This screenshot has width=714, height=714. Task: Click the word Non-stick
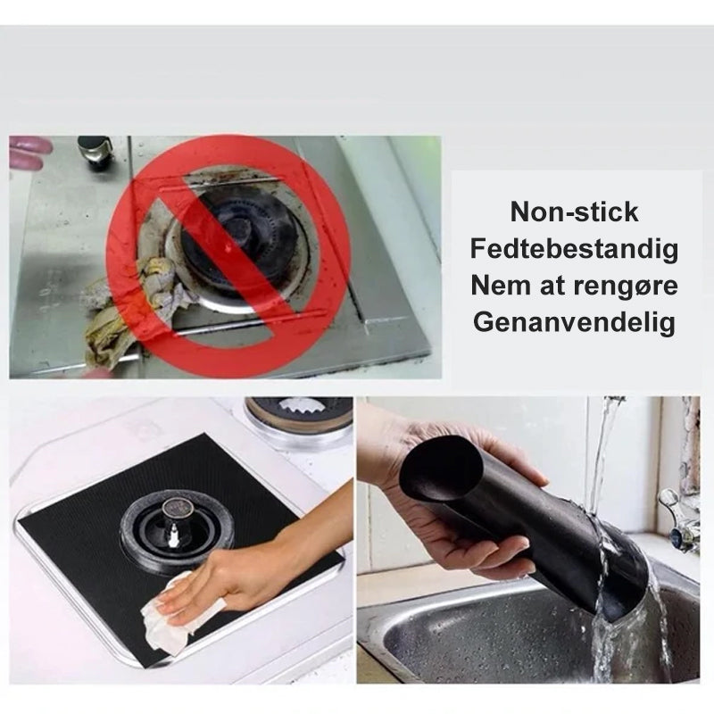pyautogui.click(x=574, y=212)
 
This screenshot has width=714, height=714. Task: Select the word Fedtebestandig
pyautogui.click(x=574, y=249)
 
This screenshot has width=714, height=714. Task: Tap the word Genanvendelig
pyautogui.click(x=574, y=322)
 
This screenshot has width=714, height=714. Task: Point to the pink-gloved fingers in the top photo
pyautogui.click(x=29, y=153)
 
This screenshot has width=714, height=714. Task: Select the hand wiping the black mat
pyautogui.click(x=255, y=565)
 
